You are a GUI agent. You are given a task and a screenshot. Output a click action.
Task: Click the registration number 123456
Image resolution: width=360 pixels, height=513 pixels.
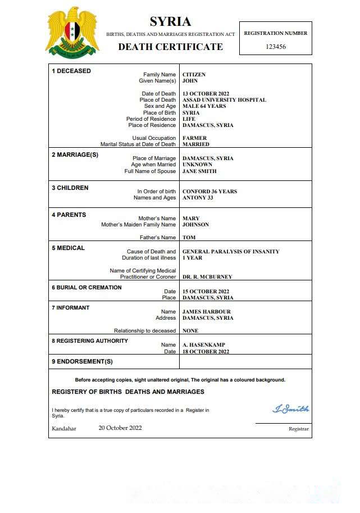coord(276,47)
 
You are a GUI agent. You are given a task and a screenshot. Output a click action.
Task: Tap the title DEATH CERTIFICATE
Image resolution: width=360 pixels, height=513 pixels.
coord(170,47)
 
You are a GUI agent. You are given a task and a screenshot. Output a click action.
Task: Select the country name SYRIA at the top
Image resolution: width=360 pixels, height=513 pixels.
coord(170,22)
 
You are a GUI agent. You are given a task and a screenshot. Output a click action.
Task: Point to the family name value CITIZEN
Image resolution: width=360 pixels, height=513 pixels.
coord(194,75)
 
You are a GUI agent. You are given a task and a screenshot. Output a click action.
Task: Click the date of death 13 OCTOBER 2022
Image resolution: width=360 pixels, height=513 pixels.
coord(207,94)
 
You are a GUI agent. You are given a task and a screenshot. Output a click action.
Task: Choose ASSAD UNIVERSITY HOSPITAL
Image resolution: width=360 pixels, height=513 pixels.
coord(224,100)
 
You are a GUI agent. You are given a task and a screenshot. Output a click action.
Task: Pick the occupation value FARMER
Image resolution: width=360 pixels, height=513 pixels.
coord(194,138)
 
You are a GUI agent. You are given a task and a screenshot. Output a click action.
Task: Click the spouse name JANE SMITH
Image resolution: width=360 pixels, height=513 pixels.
coord(199,171)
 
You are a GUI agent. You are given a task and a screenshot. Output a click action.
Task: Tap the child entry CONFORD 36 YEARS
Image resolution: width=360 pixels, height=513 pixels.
coord(209,192)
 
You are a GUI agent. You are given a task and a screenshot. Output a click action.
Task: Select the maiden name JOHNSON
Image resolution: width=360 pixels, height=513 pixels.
coord(195,225)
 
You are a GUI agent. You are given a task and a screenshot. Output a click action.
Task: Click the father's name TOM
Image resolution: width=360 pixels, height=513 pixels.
coord(189,238)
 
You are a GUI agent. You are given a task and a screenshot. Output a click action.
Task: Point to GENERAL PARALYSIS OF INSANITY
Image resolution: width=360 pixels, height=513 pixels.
coord(231,252)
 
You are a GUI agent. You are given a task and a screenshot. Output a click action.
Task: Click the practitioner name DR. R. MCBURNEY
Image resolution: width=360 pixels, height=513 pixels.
coord(207,277)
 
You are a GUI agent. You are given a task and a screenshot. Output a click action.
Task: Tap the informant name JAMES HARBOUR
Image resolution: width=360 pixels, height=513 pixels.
coord(207,312)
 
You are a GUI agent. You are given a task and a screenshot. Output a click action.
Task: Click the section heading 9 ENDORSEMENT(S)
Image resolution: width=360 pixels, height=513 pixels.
coord(82,361)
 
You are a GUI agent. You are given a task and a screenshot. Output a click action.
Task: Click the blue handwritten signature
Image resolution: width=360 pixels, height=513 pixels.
coord(290,408)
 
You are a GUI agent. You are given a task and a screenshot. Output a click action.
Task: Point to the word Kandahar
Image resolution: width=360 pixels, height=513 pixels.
coord(64,429)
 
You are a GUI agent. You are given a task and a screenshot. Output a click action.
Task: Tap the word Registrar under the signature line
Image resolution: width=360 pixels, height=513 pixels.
coord(298,429)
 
